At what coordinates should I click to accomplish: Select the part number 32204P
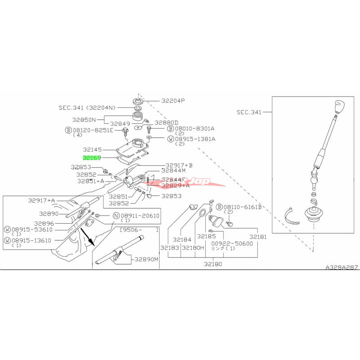coord(170,101)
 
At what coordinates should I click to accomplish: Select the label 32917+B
coord(179,165)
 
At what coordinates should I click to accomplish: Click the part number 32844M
coord(173,171)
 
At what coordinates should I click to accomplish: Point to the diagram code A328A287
coord(342,267)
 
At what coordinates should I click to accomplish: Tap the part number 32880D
coord(166,122)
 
